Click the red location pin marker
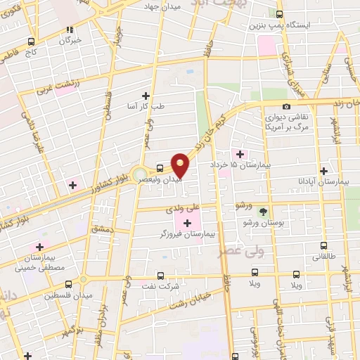pos(180,165)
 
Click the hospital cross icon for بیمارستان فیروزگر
pos(187,222)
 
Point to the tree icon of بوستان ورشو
pos(263,210)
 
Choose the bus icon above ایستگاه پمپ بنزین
pos(280,14)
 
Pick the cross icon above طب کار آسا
pos(146,95)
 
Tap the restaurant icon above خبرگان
pos(70,30)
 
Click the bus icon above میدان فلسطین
pos(68,285)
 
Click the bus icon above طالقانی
pos(323,246)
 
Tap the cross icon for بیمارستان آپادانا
pos(323,171)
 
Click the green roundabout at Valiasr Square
pos(140,173)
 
